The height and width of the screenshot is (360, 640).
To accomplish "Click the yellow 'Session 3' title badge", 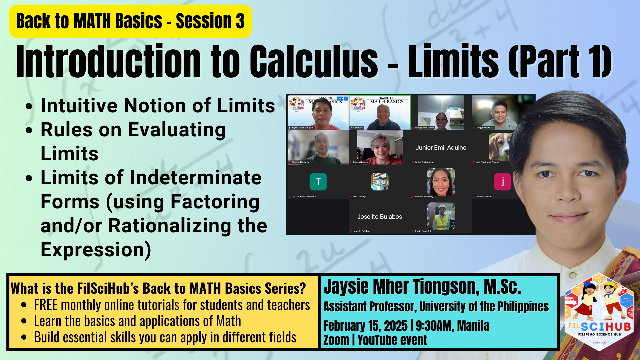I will pyautogui.click(x=130, y=21).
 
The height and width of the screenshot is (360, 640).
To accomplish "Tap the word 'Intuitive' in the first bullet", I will pyautogui.click(x=79, y=106).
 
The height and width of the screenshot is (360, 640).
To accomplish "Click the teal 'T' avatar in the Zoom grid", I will pyautogui.click(x=318, y=182).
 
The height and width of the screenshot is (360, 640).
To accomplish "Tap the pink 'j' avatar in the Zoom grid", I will pyautogui.click(x=502, y=182).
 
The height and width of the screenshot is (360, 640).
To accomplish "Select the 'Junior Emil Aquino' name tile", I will pyautogui.click(x=441, y=148).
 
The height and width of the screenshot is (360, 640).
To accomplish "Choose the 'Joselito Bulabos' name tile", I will pyautogui.click(x=379, y=217).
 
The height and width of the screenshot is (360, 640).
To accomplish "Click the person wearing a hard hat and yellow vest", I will pyautogui.click(x=441, y=216).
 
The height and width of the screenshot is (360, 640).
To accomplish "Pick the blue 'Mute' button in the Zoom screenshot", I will pyautogui.click(x=340, y=99).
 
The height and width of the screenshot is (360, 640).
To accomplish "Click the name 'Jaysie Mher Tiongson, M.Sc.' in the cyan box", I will pyautogui.click(x=422, y=287).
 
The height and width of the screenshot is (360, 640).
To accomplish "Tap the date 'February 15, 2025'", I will pyautogui.click(x=365, y=326).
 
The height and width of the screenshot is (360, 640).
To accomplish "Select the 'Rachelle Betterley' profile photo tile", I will pyautogui.click(x=441, y=182).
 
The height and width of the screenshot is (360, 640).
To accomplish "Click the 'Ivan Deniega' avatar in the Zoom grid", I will pyautogui.click(x=379, y=182).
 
